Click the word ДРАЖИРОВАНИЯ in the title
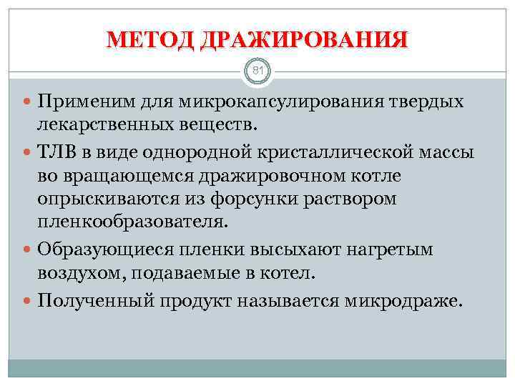coord(304,39)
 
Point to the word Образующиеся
coord(96,249)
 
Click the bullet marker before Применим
coord(28,102)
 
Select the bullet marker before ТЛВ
coord(28,152)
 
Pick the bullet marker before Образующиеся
coord(28,249)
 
